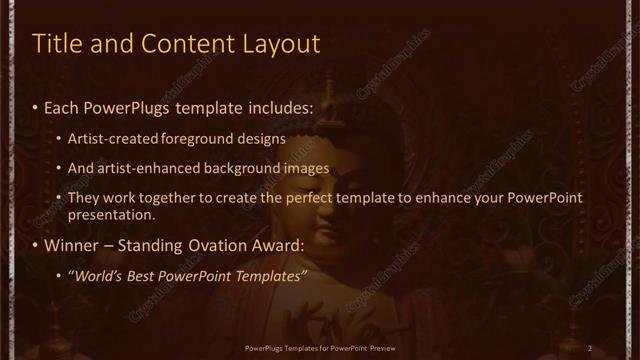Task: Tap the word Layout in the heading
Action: [x=284, y=45]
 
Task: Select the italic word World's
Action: [x=98, y=276]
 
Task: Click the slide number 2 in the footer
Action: [x=590, y=347]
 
